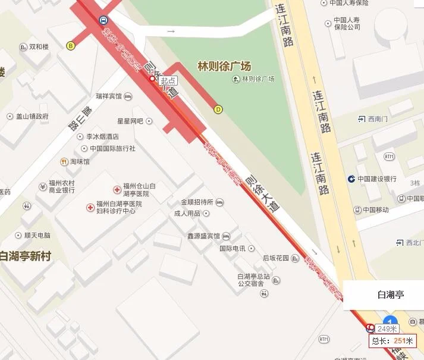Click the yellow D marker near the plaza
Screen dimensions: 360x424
point(218,109)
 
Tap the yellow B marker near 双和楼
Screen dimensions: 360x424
point(71,45)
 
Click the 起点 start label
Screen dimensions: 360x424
point(168,80)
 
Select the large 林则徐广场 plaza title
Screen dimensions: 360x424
point(224,65)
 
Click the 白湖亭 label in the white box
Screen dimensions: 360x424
point(391,294)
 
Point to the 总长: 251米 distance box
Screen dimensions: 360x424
point(392,341)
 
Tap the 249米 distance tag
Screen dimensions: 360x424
point(387,328)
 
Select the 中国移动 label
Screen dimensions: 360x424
point(375,209)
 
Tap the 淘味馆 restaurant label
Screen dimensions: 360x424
point(80,161)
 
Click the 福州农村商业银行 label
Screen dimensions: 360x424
point(61,186)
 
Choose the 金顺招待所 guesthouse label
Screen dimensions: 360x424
point(197,202)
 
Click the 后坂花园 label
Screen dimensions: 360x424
point(276,258)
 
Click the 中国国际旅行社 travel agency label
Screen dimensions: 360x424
point(112,148)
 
